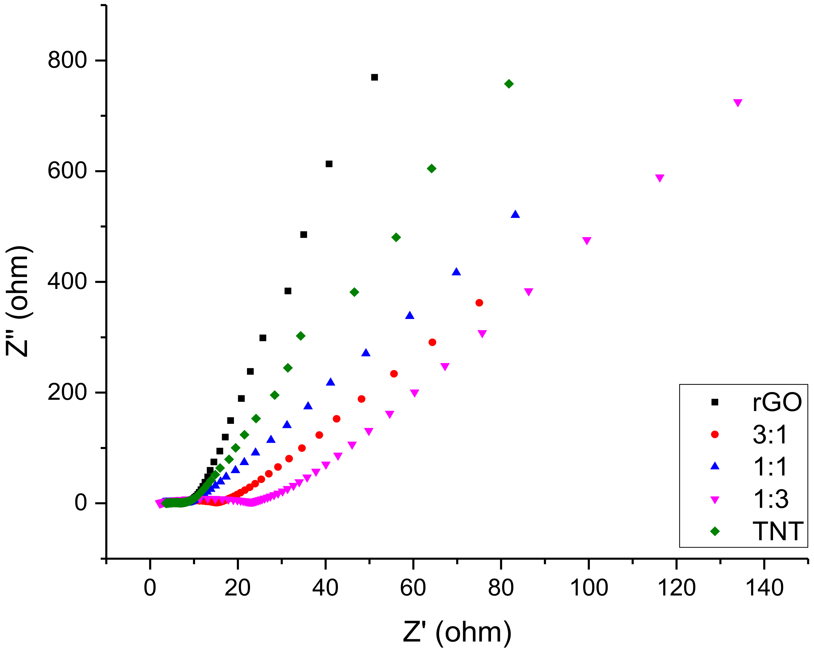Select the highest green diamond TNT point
tap(509, 84)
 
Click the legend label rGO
tap(777, 402)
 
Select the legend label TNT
tap(778, 532)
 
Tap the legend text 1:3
tap(771, 500)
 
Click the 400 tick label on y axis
tap(67, 282)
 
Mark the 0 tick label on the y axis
tap(81, 503)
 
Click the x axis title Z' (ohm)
tap(457, 632)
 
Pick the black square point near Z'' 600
tap(329, 164)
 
